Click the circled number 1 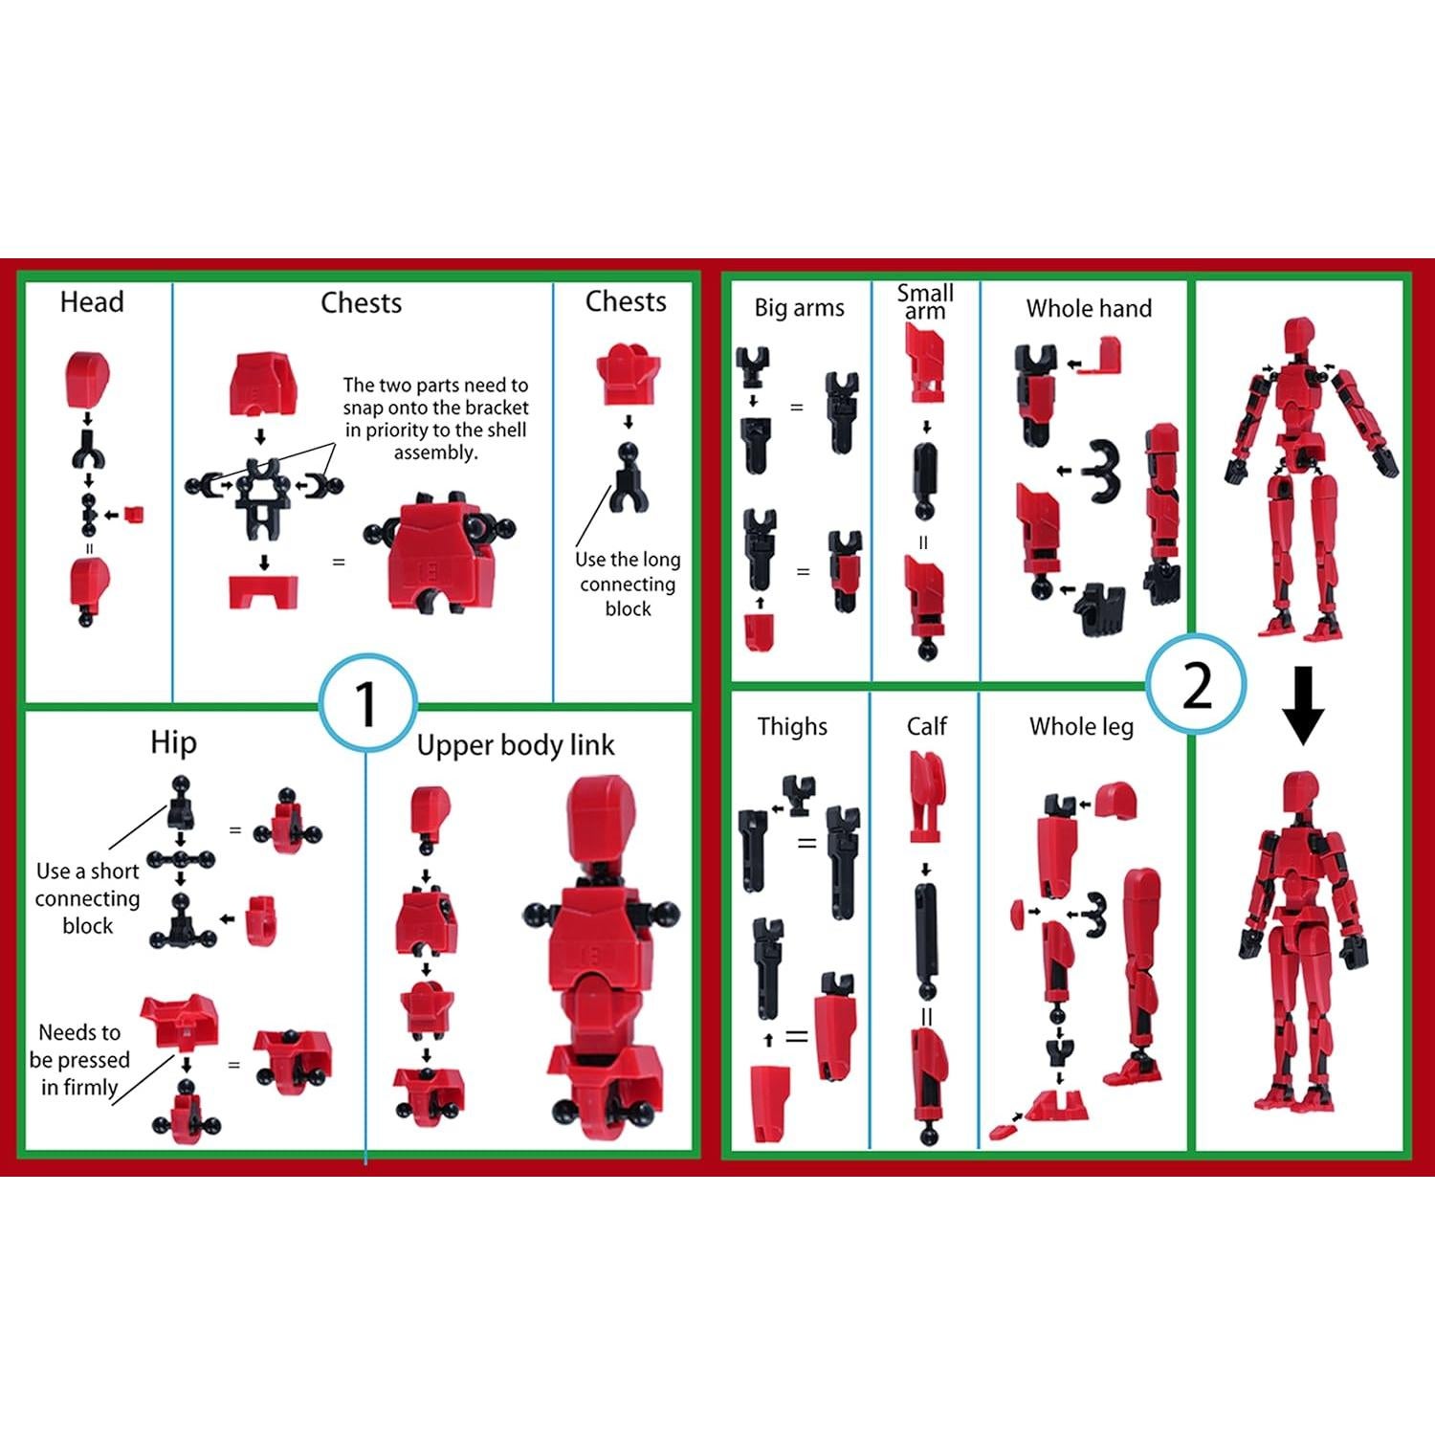tap(366, 704)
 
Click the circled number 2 tap(1196, 685)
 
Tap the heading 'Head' tap(92, 302)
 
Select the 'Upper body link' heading tap(516, 745)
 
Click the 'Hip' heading tap(173, 742)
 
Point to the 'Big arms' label tap(799, 308)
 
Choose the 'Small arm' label tap(925, 301)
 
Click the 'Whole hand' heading tap(1089, 308)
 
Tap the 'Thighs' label tap(792, 727)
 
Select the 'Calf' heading tap(926, 727)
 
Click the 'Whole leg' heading tap(1081, 727)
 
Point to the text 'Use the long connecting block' tap(628, 584)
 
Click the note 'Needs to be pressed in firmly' tap(80, 1059)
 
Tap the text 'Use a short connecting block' tap(87, 897)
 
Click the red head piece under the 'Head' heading tap(88, 377)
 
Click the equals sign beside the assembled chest tap(339, 562)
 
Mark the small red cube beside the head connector tap(134, 515)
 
